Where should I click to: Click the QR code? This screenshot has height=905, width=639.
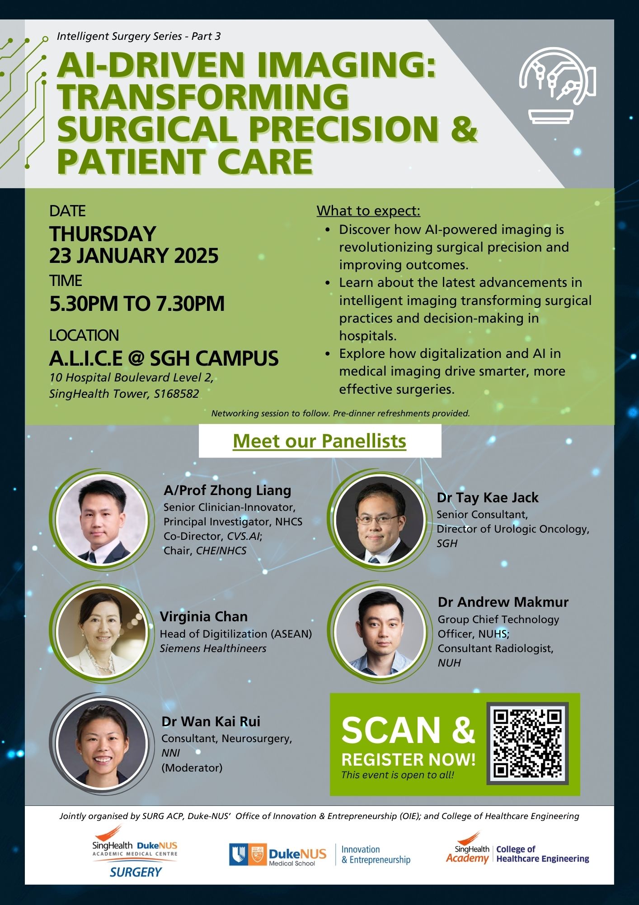tap(527, 743)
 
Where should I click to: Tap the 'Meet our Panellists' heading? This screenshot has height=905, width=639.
tap(319, 441)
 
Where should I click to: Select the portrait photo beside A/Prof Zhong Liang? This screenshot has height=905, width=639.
tap(103, 519)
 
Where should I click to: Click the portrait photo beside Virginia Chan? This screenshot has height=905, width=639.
tap(102, 632)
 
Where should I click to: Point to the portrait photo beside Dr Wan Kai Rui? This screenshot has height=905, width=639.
tap(102, 743)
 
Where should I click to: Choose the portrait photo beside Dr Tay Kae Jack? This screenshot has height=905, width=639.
tap(380, 519)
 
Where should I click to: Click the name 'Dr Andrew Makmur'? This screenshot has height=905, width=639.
tap(503, 602)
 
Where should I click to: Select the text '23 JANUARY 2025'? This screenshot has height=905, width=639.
tap(134, 256)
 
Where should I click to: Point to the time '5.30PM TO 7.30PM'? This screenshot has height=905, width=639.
tap(137, 303)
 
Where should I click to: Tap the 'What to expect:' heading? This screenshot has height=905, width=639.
tap(368, 210)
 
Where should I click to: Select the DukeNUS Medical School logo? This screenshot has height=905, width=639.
tap(320, 855)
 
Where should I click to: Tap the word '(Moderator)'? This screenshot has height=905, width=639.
tap(192, 767)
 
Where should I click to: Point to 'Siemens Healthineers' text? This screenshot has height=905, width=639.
tap(213, 648)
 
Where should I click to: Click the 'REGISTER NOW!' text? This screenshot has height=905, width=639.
tap(409, 759)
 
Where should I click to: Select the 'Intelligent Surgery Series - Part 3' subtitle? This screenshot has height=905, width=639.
tap(139, 36)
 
